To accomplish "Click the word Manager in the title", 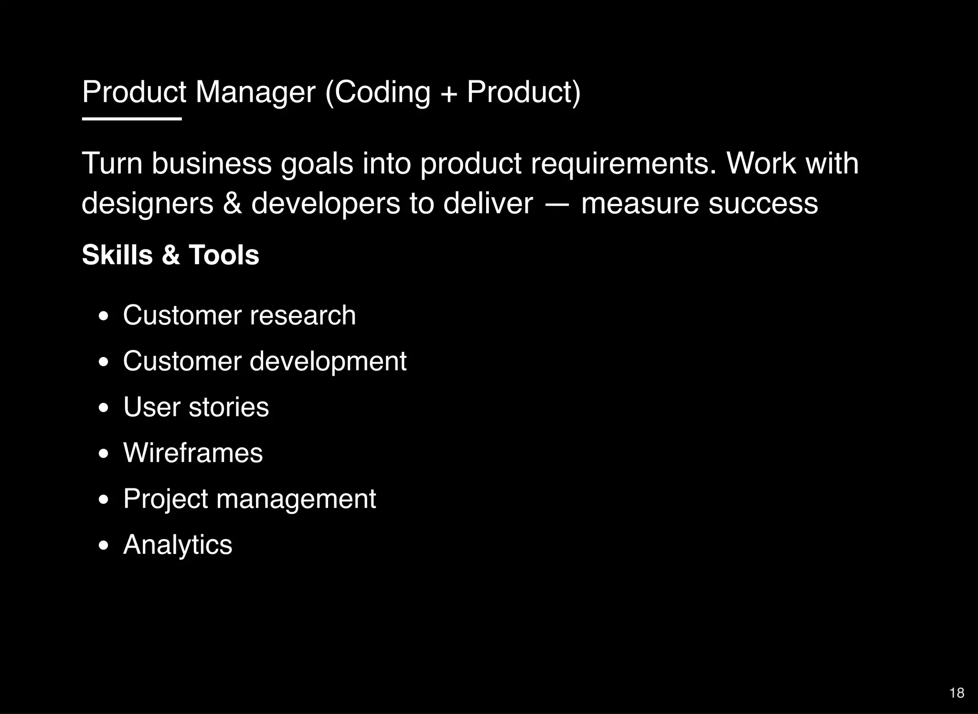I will point(255,92).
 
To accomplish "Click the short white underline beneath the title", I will point(132,119).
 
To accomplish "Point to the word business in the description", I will point(211,163).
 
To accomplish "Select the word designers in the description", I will point(148,204).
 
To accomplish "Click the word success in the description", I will point(763,204).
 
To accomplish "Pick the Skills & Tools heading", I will point(170,255).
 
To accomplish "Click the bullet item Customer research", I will point(239,315).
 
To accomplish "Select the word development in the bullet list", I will point(328,361).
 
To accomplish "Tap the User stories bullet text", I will point(196,407).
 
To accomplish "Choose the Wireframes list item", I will point(193,453).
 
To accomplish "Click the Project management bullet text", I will point(249,499).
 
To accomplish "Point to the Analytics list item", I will point(178,545).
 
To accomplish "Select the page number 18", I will point(957,693).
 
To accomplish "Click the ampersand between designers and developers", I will point(232,204).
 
